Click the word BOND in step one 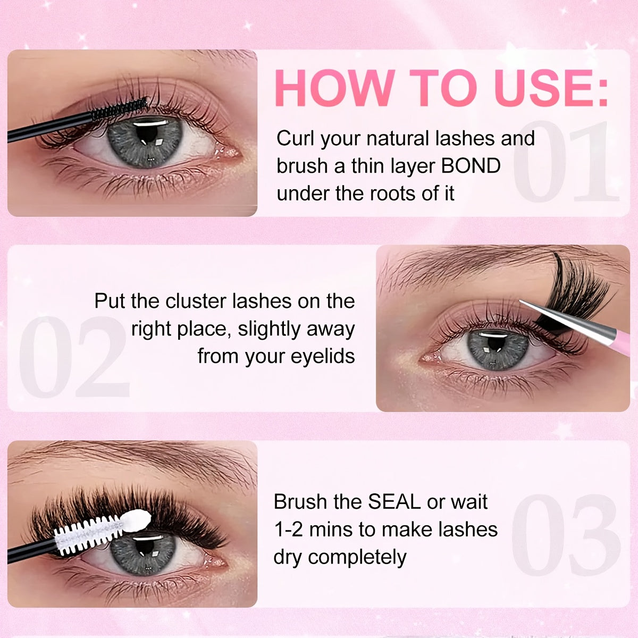pyautogui.click(x=471, y=166)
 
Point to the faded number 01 pyautogui.click(x=566, y=162)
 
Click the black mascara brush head pyautogui.click(x=120, y=108)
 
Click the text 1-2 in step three pyautogui.click(x=287, y=530)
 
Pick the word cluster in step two pyautogui.click(x=197, y=301)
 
